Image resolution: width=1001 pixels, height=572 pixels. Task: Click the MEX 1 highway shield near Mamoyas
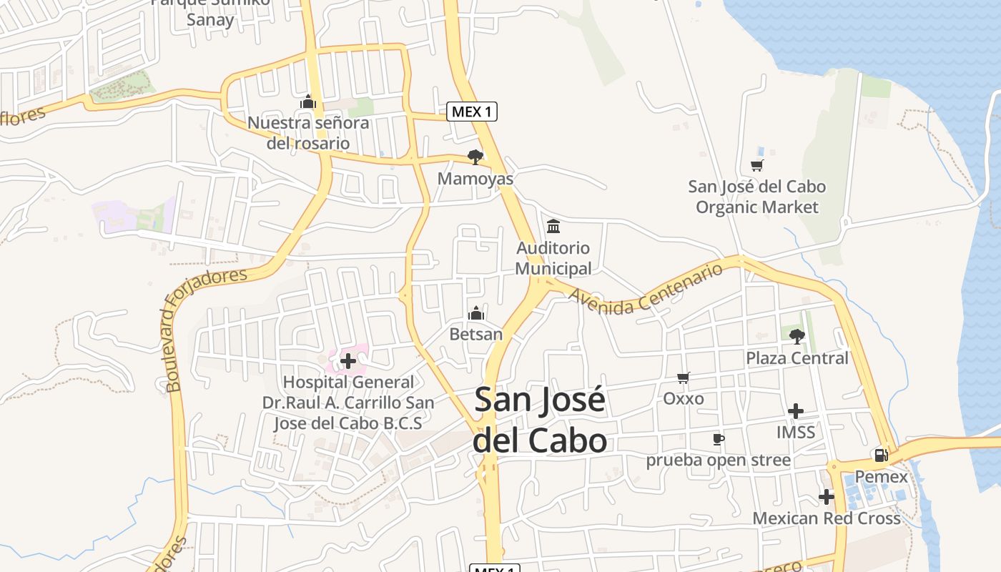click(x=472, y=112)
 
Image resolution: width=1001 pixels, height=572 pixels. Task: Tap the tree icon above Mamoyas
click(x=475, y=157)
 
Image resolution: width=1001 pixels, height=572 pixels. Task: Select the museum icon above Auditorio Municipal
click(x=553, y=227)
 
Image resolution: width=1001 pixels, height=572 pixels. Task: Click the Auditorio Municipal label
click(x=553, y=258)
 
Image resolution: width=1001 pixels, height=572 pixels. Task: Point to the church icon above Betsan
click(x=476, y=313)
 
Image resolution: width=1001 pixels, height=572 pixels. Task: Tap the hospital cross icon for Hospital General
click(x=348, y=361)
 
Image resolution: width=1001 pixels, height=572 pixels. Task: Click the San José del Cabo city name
click(x=540, y=420)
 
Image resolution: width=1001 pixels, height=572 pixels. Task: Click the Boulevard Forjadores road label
click(x=206, y=330)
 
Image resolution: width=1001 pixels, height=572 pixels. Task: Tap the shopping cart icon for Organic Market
click(x=756, y=166)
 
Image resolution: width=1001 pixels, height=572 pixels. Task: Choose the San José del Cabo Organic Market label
click(x=756, y=197)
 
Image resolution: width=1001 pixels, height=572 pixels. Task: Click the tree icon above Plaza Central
click(x=797, y=336)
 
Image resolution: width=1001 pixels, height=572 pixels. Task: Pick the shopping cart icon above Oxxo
click(x=684, y=378)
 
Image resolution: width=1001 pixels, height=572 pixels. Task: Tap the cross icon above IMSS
click(x=795, y=411)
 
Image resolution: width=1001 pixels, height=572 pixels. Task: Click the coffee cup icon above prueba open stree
click(x=719, y=439)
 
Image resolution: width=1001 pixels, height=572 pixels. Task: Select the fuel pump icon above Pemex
click(x=881, y=455)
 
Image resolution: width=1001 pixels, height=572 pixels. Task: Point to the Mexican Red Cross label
click(x=827, y=518)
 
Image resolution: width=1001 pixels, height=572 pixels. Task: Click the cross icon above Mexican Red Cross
click(x=827, y=496)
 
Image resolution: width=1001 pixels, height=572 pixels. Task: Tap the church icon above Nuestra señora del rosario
click(x=308, y=102)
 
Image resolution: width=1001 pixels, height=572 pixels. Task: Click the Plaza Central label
click(x=797, y=357)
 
